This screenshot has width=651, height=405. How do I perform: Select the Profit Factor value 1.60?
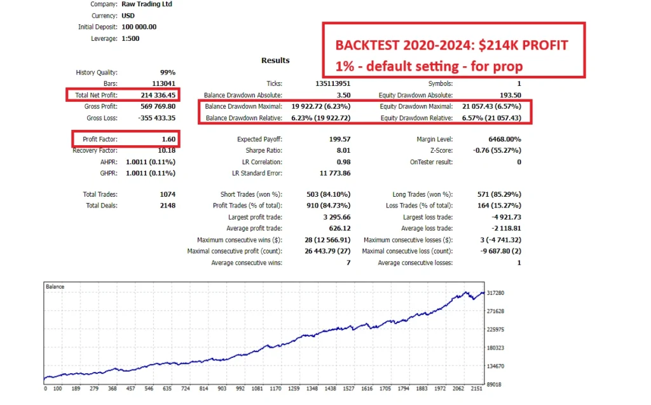pos(168,139)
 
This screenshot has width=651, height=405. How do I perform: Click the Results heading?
pos(275,60)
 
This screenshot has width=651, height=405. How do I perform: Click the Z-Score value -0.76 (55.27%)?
pos(497,150)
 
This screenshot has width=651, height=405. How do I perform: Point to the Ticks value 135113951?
pos(333,83)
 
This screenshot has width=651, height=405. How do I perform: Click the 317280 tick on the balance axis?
pos(495,293)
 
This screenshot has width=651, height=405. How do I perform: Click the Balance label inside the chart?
pos(55,287)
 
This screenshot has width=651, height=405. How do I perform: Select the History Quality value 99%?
pos(168,73)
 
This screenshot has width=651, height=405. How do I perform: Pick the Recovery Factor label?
pos(95,150)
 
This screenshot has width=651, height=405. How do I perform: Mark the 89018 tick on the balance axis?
pos(495,384)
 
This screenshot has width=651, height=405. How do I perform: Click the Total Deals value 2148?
pos(168,206)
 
